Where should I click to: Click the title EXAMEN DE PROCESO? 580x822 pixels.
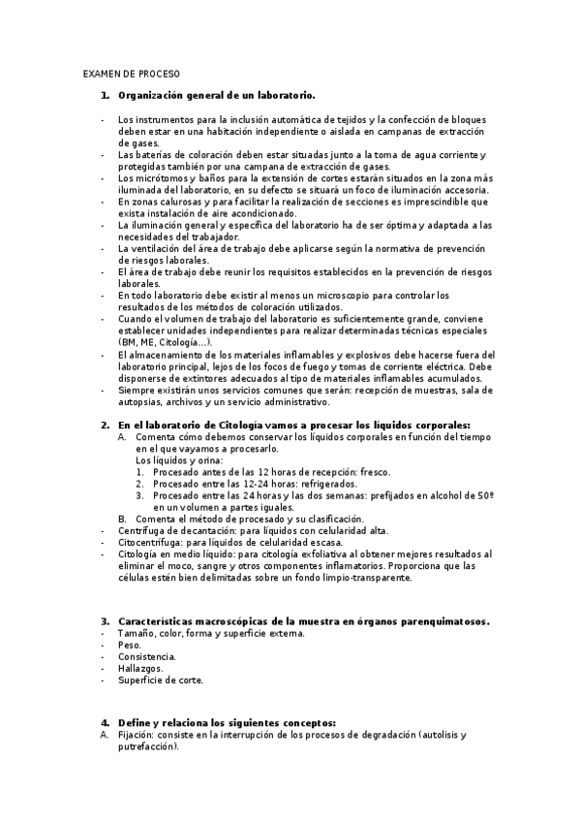132,73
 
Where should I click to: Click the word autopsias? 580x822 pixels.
138,400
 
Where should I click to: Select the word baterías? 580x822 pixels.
155,155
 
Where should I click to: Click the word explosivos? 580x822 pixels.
410,354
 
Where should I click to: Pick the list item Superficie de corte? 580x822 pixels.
161,680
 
